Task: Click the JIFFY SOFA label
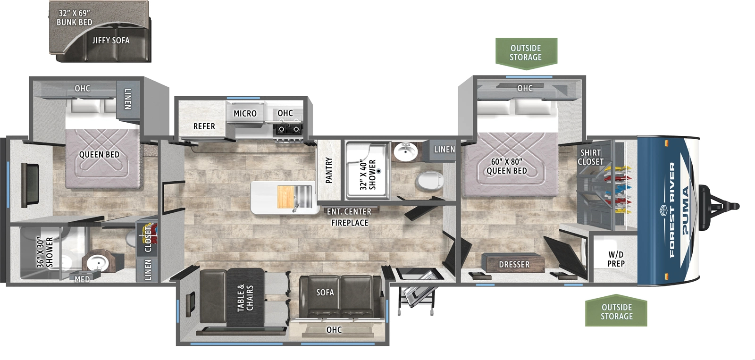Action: tap(111, 41)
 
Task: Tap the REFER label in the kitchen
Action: tap(204, 126)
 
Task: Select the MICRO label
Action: tap(245, 114)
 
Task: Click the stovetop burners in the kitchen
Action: tap(288, 128)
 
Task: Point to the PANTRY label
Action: tap(329, 170)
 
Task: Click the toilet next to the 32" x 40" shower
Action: tap(429, 180)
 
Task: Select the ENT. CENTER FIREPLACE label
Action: tap(349, 217)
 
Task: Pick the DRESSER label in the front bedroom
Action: tap(514, 265)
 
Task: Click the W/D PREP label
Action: tap(616, 259)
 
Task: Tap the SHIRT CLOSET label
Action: tap(590, 157)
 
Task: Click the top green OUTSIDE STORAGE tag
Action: tap(526, 52)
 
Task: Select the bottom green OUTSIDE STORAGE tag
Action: tap(616, 312)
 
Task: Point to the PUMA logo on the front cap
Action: tap(686, 210)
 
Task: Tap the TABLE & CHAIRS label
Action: tap(245, 298)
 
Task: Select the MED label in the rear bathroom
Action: tap(82, 279)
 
